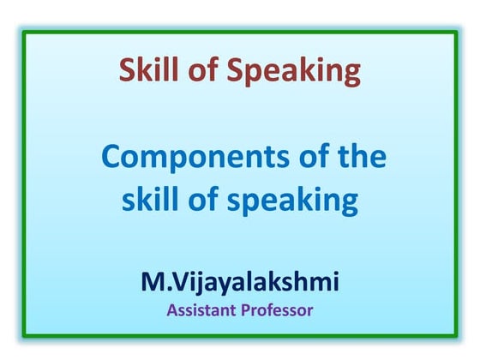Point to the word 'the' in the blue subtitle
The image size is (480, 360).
tap(357, 158)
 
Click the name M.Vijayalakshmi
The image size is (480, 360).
tap(240, 281)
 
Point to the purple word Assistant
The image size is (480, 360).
tap(203, 309)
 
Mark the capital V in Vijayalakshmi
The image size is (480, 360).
tap(182, 280)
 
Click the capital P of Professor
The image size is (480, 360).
tap(248, 309)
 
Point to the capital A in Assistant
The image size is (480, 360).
tap(172, 309)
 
